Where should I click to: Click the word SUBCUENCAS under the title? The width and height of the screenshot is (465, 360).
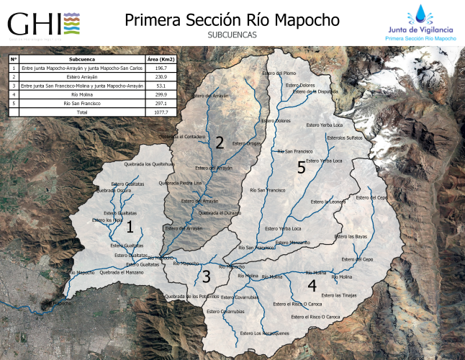[x=232, y=35]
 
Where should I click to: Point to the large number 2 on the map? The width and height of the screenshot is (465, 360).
[x=220, y=142]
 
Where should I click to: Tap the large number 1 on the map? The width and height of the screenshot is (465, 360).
[x=130, y=228]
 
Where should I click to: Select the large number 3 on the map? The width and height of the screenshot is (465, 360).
[x=206, y=277]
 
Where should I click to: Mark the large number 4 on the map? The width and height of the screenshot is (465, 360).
[x=312, y=285]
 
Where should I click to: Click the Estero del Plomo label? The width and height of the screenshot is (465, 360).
[x=280, y=73]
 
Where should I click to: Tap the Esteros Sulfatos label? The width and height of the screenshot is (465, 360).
[x=345, y=137]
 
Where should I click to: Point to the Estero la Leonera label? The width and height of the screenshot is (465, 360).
[x=328, y=202]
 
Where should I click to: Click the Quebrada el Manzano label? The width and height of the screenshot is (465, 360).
[x=122, y=272]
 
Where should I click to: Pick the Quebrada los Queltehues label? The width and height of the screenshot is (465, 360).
[x=150, y=164]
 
